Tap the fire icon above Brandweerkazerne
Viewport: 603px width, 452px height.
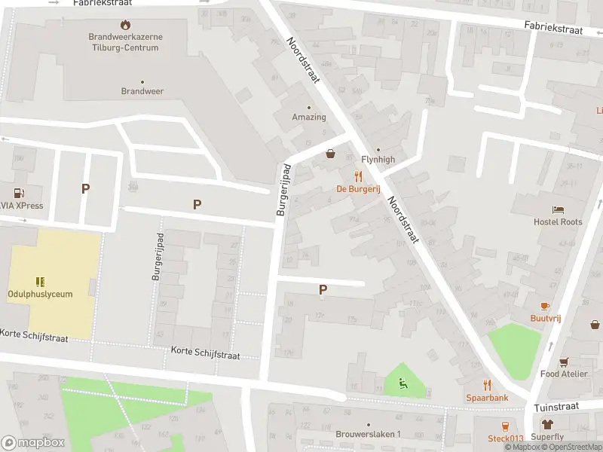pyautogui.click(x=124, y=24)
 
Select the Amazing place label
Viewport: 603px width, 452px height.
pyautogui.click(x=309, y=117)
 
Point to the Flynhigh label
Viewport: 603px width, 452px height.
pyautogui.click(x=378, y=160)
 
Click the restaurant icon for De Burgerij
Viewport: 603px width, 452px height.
pyautogui.click(x=359, y=176)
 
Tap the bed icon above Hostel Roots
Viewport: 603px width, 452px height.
pyautogui.click(x=558, y=209)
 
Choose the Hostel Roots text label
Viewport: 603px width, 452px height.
pyautogui.click(x=558, y=222)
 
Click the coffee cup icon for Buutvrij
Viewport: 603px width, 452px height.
pyautogui.click(x=545, y=306)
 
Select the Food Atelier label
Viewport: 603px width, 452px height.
pyautogui.click(x=563, y=374)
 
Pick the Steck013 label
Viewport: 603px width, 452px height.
pyautogui.click(x=505, y=438)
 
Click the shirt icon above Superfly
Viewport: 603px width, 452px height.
pyautogui.click(x=547, y=424)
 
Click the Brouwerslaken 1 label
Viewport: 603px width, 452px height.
pyautogui.click(x=368, y=435)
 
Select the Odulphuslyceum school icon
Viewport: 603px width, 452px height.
pyautogui.click(x=40, y=282)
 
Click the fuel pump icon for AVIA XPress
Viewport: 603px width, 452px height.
pyautogui.click(x=17, y=193)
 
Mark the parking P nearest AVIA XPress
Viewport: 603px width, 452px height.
pyautogui.click(x=85, y=189)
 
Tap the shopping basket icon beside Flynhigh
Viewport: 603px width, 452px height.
pyautogui.click(x=330, y=154)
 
